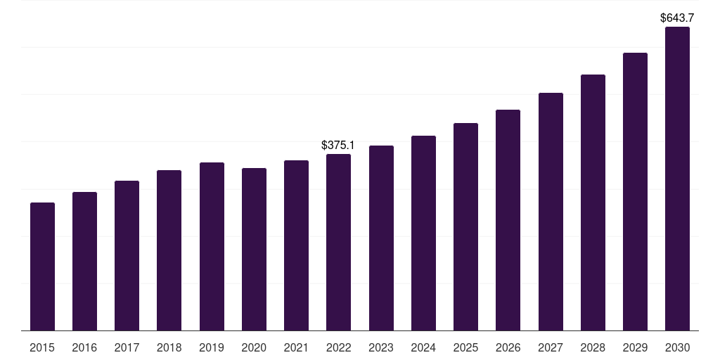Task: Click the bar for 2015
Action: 42,266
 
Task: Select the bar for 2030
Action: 677,179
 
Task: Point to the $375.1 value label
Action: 338,146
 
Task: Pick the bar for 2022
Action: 338,243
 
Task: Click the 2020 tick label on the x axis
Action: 254,347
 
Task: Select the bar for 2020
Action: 254,250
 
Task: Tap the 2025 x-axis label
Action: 465,347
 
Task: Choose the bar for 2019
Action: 212,247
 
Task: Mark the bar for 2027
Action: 551,212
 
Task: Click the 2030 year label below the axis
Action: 677,347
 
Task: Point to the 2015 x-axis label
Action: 42,347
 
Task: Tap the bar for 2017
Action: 127,256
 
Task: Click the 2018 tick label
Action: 169,347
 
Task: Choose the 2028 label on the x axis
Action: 593,347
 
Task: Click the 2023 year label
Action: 381,347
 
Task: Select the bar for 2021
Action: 296,245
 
